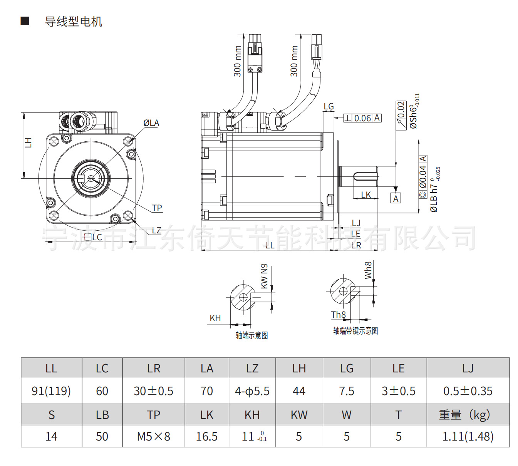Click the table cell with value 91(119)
(51, 391)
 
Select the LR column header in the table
(153, 368)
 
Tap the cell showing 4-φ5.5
(252, 391)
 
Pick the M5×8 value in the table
(153, 436)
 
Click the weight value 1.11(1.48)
(468, 436)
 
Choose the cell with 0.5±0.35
(468, 391)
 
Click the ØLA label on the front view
(151, 123)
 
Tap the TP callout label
(157, 208)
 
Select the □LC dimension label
(93, 237)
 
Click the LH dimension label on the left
(28, 142)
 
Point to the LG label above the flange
(329, 106)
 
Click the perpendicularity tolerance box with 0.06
(362, 118)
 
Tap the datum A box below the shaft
(396, 198)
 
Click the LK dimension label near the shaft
(366, 195)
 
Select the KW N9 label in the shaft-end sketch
(264, 276)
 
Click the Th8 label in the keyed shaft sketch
(338, 315)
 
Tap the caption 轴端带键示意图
(355, 331)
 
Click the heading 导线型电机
(74, 22)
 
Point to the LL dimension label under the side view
(270, 245)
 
